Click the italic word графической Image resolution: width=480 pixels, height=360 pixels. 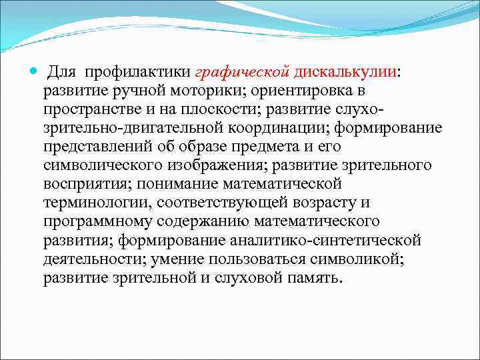tap(242, 71)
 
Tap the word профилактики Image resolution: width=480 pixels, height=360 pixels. tap(135, 71)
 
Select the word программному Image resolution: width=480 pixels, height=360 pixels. tap(93, 221)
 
